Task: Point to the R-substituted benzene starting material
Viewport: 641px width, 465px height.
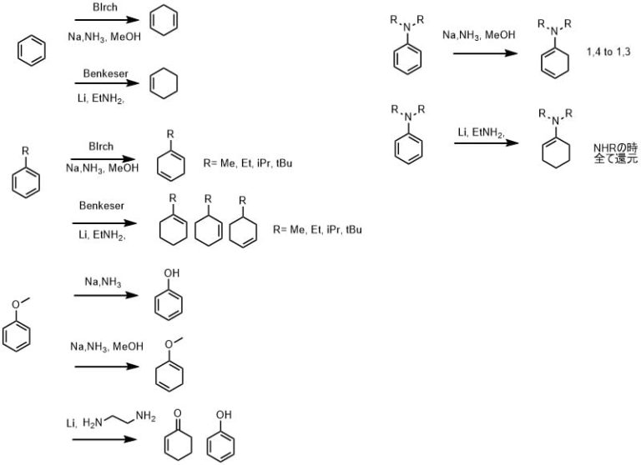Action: (x=27, y=176)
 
